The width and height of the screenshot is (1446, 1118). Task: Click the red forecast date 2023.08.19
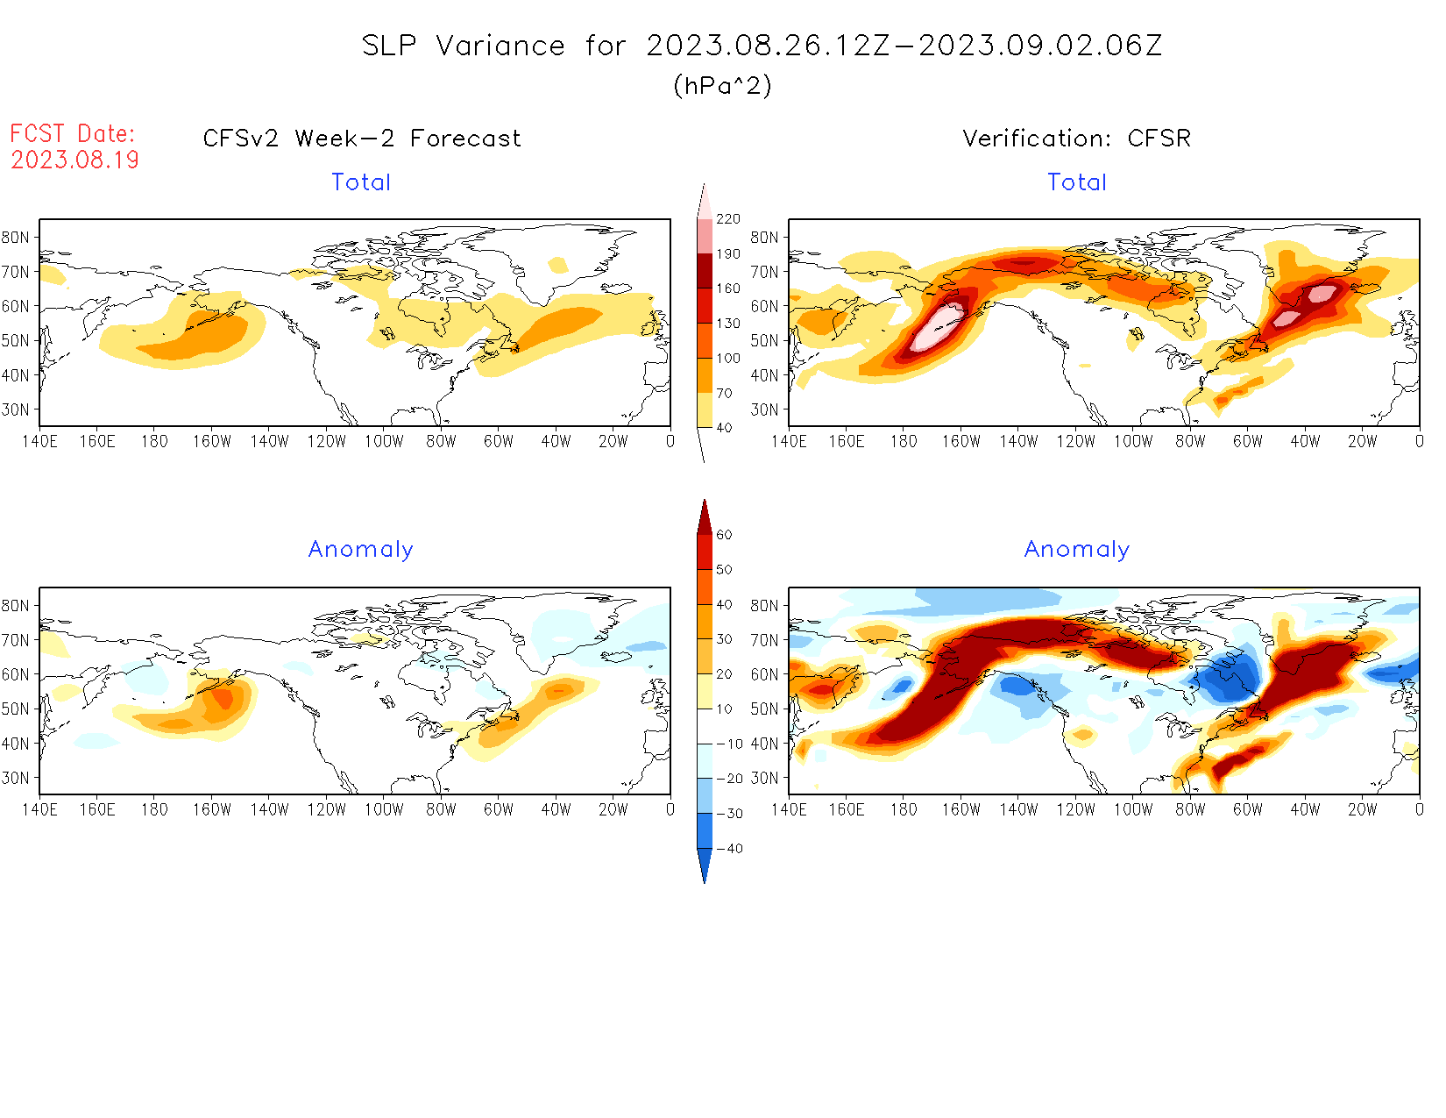pos(74,160)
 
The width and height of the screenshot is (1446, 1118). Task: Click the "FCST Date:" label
pos(73,133)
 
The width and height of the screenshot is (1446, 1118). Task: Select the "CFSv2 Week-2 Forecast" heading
pos(362,139)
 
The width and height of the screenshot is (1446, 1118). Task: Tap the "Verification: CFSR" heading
pos(1076,139)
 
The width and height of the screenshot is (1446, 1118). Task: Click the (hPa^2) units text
pos(722,85)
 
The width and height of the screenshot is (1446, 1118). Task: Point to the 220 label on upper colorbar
pos(728,219)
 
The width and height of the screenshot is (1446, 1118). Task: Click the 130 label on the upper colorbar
pos(728,324)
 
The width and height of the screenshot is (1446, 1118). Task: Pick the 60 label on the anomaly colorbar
pos(724,535)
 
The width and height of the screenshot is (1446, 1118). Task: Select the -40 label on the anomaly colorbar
pos(729,849)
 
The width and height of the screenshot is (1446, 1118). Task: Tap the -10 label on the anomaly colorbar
pos(729,744)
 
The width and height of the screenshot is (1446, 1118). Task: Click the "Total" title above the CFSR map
pos(1077,182)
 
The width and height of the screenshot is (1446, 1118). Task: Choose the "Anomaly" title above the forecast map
pos(360,550)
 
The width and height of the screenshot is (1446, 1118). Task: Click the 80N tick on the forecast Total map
pos(16,238)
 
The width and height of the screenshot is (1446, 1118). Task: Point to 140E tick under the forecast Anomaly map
pos(39,809)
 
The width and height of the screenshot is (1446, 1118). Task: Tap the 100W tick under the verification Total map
pos(1132,441)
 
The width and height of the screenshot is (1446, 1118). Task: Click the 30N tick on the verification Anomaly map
pos(764,778)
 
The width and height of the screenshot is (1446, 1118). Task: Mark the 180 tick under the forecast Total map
pos(154,441)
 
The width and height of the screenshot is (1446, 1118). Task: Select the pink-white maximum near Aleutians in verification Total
pos(934,329)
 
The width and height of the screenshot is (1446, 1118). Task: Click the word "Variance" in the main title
pos(500,46)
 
